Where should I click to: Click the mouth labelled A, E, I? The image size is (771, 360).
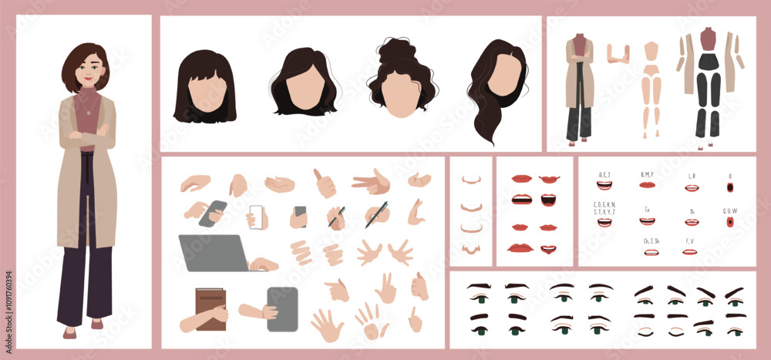604,186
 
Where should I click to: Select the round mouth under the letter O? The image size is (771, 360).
729,187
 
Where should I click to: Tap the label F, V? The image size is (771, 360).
691,241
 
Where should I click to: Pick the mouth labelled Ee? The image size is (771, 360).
648,222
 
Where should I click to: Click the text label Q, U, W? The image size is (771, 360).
729,210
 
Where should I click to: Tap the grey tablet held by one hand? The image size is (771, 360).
281,308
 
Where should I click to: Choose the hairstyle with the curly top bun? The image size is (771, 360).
402,77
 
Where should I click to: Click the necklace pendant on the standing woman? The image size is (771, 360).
87,113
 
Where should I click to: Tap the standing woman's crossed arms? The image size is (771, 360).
87,139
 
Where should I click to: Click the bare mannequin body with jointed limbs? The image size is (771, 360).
652,89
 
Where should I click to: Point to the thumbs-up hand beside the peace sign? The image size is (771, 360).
325,183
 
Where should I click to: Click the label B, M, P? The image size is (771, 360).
647,174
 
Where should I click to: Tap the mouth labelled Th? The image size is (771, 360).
692,222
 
